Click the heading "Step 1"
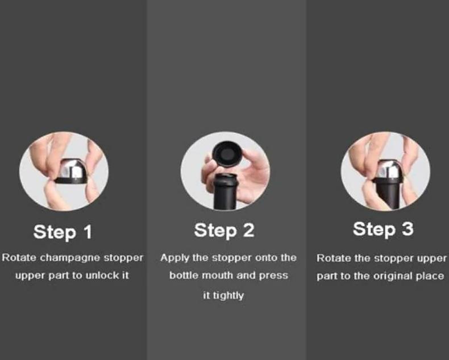click(x=63, y=232)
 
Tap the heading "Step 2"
click(x=224, y=231)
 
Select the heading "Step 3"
click(x=383, y=229)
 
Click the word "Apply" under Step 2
click(x=174, y=258)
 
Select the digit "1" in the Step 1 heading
click(x=88, y=232)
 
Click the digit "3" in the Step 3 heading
click(x=408, y=229)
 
